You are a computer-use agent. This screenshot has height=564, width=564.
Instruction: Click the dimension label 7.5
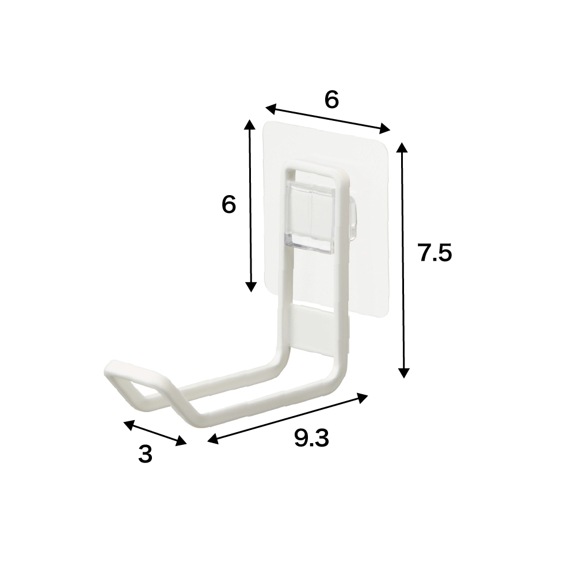435,253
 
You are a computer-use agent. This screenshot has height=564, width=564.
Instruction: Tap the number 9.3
311,440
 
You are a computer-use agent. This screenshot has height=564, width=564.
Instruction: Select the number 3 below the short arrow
146,455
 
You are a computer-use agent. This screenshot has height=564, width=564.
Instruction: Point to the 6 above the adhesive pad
331,100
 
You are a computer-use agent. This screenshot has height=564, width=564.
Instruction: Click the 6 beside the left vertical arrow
228,205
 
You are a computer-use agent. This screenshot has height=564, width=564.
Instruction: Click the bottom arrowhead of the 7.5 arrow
404,372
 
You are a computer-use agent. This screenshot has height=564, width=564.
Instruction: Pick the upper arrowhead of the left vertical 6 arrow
249,125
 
